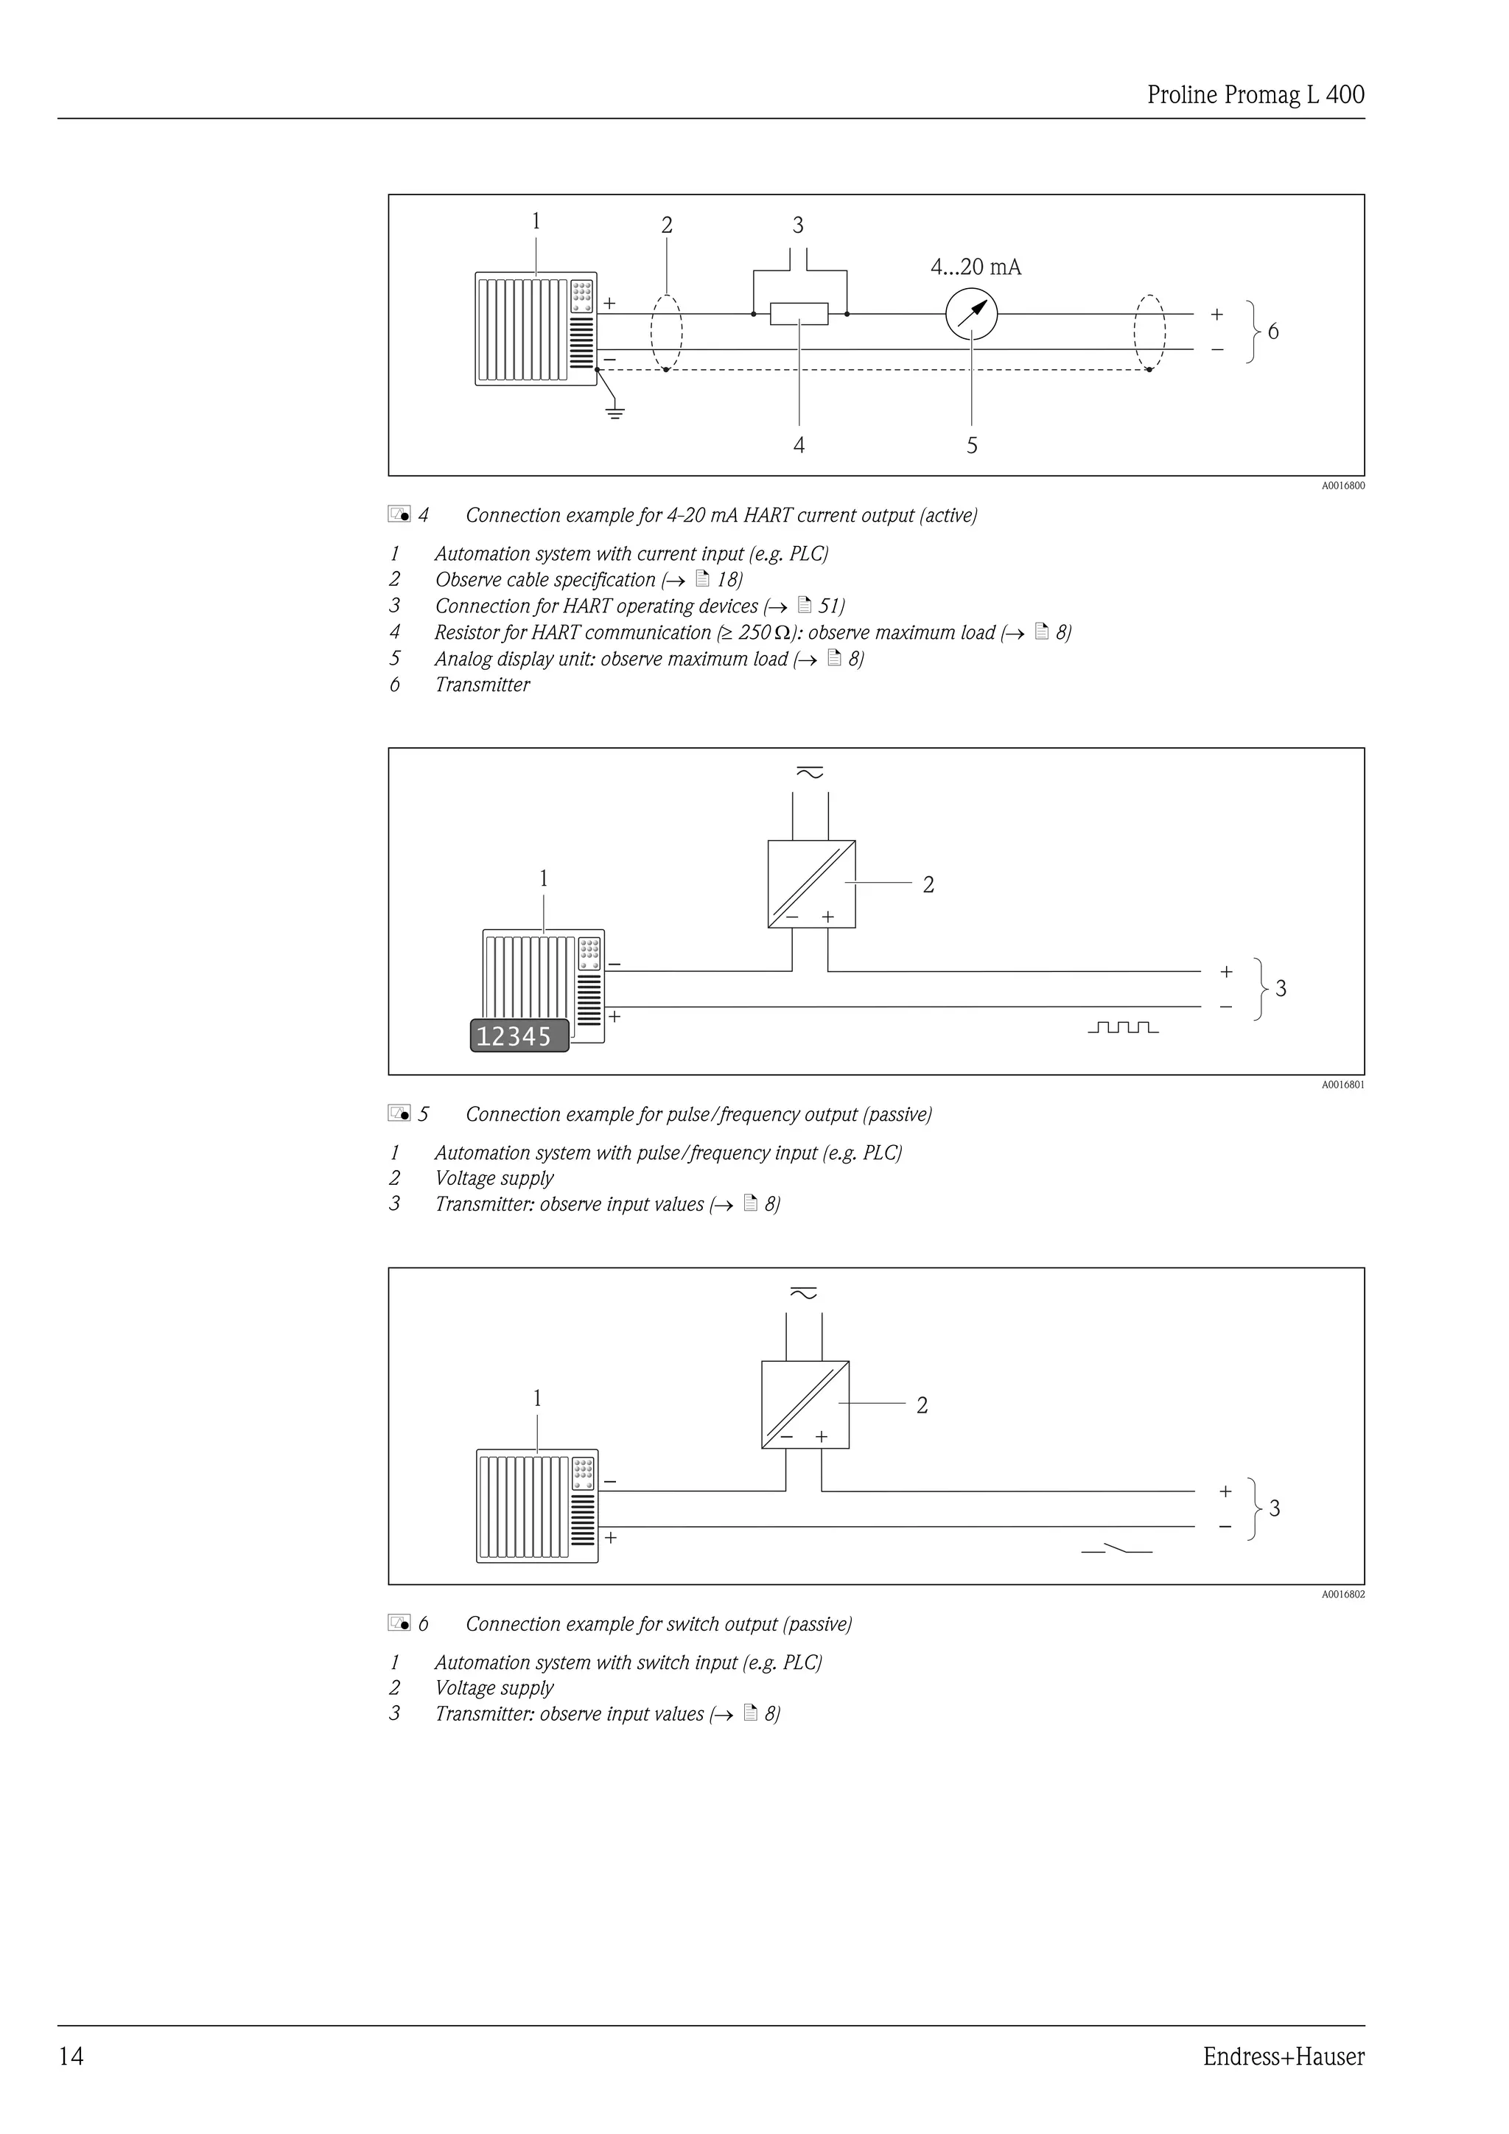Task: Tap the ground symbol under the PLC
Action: pos(615,412)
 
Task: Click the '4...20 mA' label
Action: pos(976,267)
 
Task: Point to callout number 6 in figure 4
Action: pos(1273,332)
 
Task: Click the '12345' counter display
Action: pos(519,1035)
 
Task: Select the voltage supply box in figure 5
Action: pos(811,884)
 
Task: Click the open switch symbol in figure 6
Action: pos(1117,1550)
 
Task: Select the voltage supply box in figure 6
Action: pos(805,1404)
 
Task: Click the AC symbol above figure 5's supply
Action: pos(809,772)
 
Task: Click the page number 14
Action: pos(71,2056)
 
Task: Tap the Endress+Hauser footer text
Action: pos(1284,2056)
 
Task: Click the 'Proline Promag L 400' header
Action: pos(1256,95)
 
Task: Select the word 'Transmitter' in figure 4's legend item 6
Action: pos(483,685)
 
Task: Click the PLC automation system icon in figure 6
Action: pos(537,1505)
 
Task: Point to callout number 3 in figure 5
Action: pos(1281,989)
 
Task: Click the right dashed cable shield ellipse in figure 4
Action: pos(1149,333)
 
